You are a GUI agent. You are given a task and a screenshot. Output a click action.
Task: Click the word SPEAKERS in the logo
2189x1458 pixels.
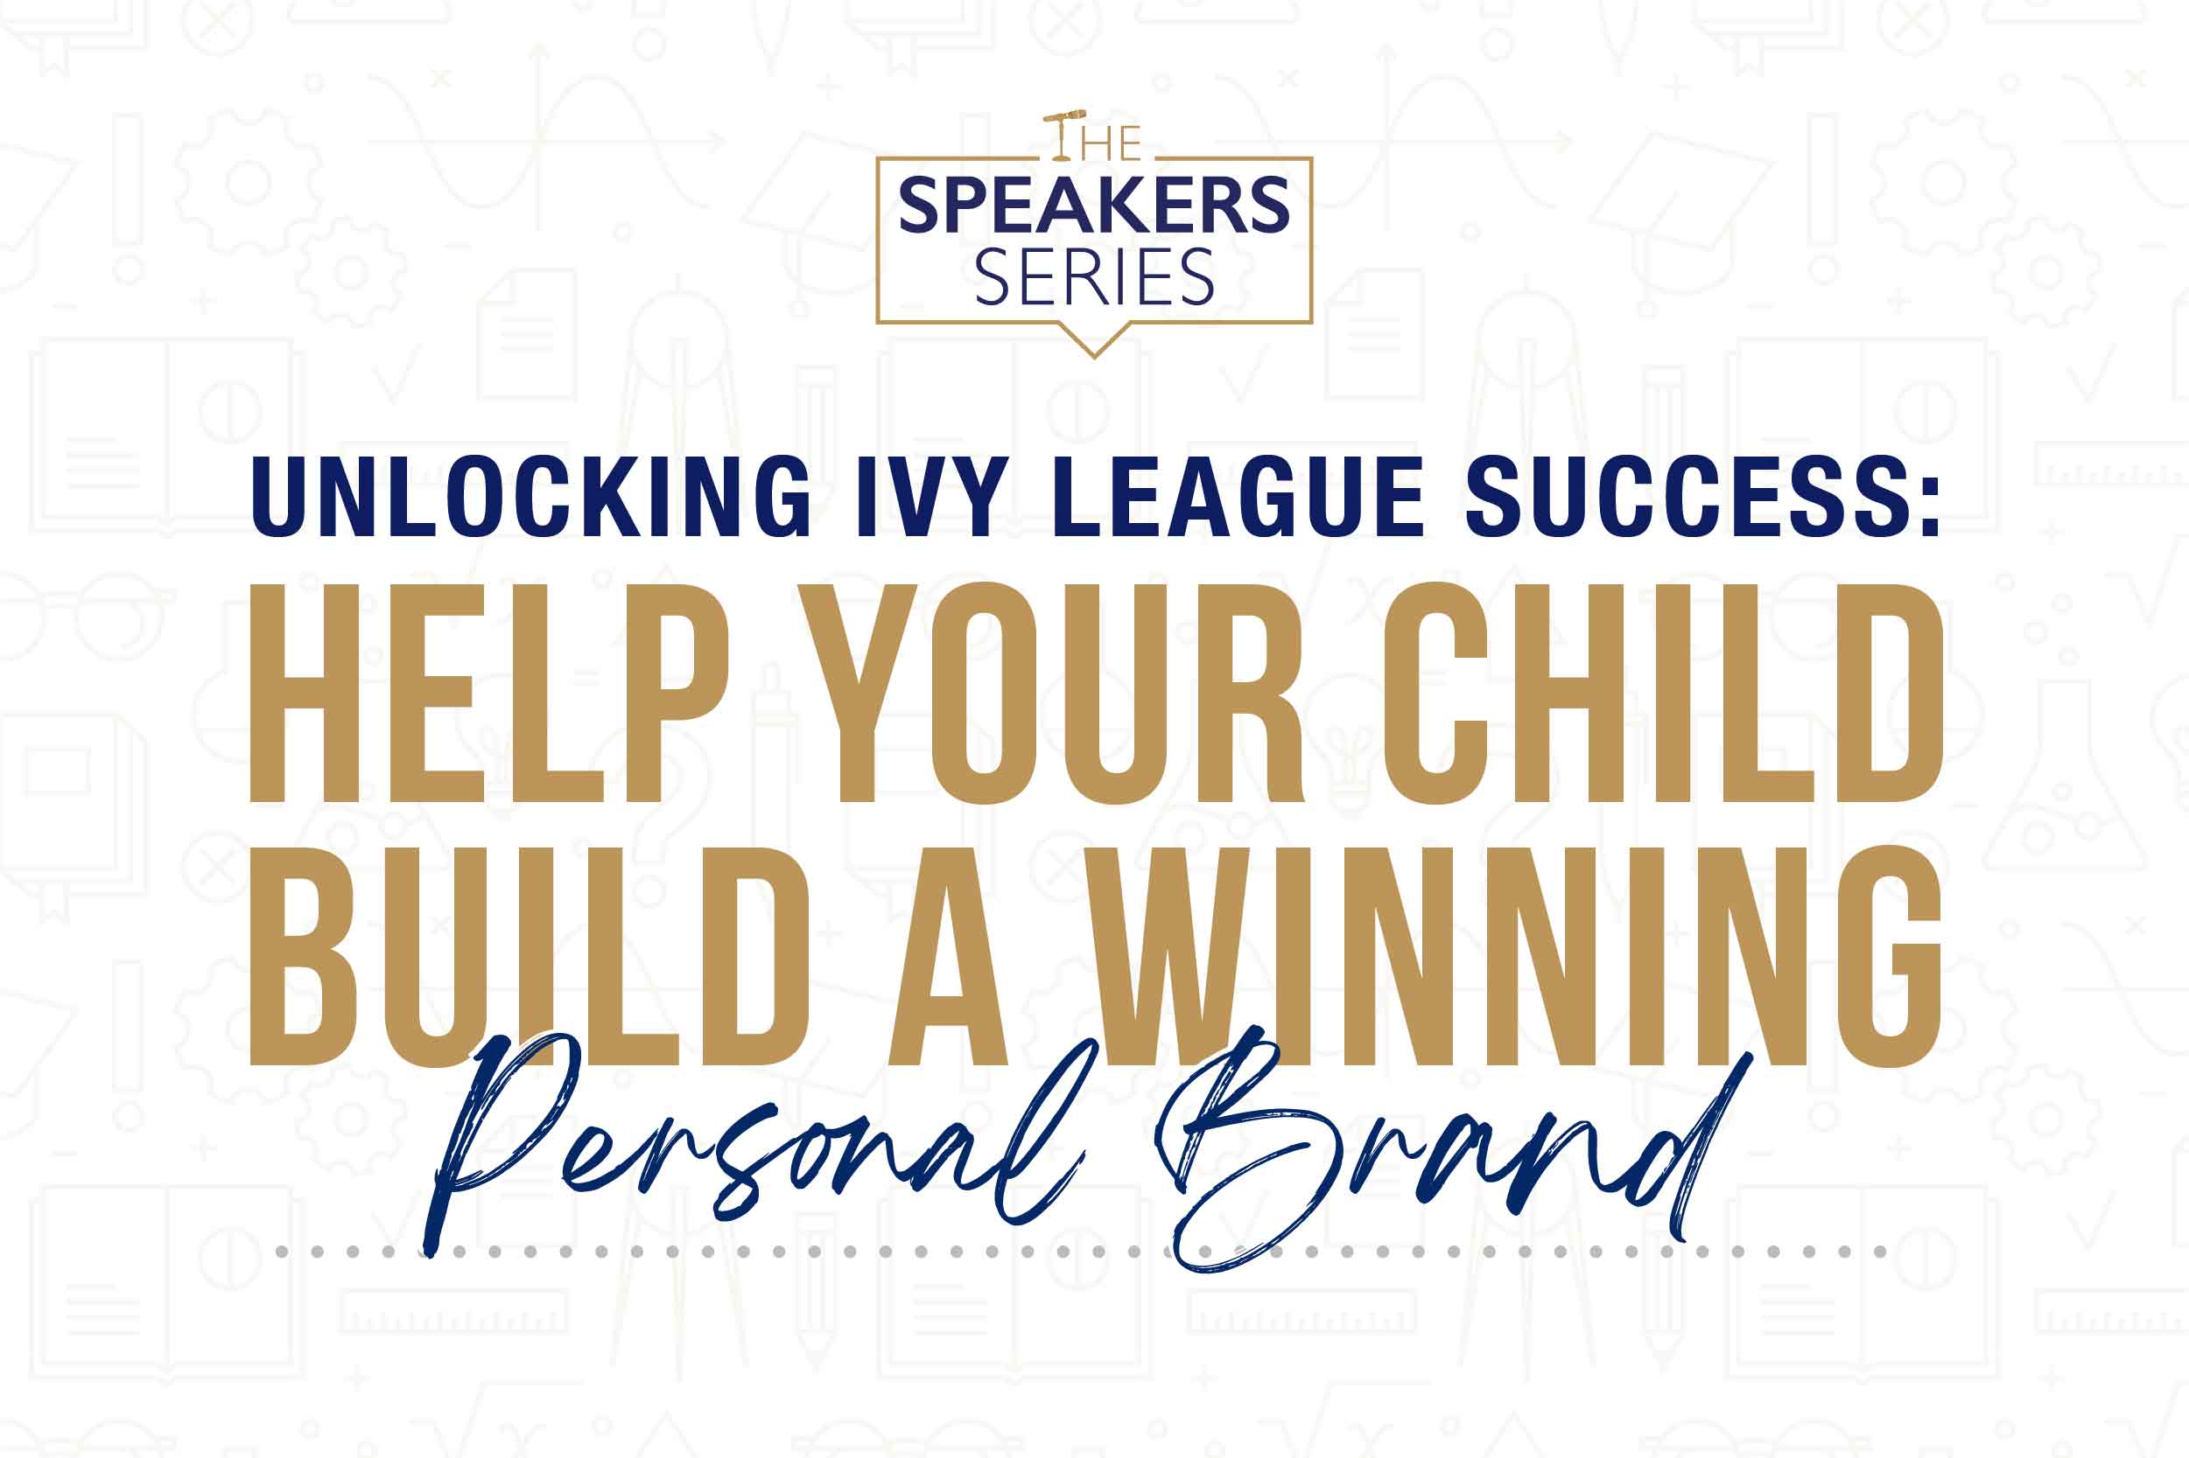(1094, 206)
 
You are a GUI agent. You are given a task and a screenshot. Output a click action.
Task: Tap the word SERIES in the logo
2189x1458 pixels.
(1094, 277)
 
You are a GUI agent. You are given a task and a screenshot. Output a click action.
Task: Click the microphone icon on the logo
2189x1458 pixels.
(1064, 118)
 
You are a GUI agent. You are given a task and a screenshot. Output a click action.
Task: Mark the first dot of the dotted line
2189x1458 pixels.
(281, 1252)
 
